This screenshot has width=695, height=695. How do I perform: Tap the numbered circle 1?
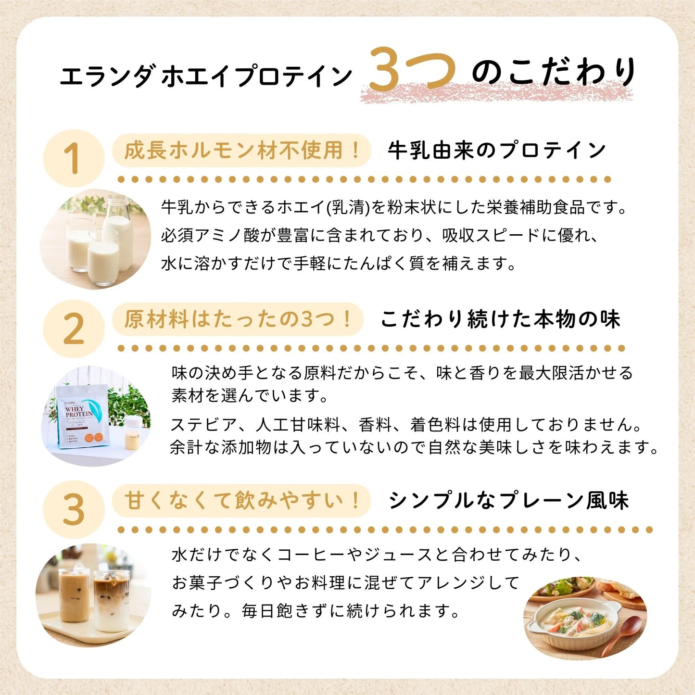(x=73, y=159)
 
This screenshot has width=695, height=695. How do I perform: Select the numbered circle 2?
(x=73, y=329)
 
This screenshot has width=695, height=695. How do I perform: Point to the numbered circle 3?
(x=73, y=510)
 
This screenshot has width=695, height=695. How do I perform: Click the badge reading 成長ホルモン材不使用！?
(x=241, y=151)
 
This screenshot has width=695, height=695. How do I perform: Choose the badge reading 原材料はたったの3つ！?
(x=238, y=319)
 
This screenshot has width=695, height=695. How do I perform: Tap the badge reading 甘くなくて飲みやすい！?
(x=241, y=500)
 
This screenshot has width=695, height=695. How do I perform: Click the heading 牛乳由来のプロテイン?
(x=496, y=151)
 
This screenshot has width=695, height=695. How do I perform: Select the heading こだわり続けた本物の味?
(x=500, y=319)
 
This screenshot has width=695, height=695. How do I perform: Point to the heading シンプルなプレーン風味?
(x=508, y=500)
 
